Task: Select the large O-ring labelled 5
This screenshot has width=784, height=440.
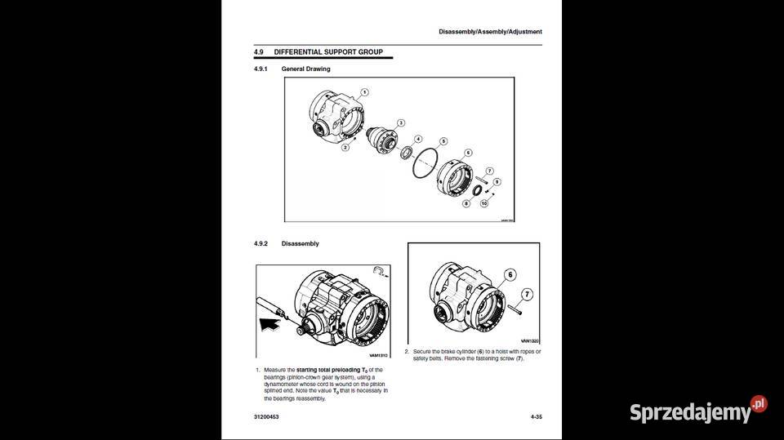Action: coord(425,163)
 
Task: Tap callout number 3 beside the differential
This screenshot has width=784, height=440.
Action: coord(400,122)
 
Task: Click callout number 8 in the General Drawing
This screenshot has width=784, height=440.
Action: coord(466,203)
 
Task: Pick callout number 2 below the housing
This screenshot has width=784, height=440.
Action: coord(345,148)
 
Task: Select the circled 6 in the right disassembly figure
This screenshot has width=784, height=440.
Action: coord(510,275)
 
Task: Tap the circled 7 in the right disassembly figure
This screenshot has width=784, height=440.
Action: coord(527,294)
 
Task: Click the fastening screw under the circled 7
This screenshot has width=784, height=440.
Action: coord(519,309)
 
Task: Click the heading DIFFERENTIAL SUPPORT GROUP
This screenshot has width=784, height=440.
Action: coord(328,52)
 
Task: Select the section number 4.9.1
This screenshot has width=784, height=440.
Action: coord(261,69)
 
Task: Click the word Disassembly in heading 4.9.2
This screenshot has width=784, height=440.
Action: coord(300,244)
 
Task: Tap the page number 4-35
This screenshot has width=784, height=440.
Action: coord(536,417)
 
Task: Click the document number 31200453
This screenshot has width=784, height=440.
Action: coord(267,417)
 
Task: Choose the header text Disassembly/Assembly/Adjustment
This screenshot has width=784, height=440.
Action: coord(490,32)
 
